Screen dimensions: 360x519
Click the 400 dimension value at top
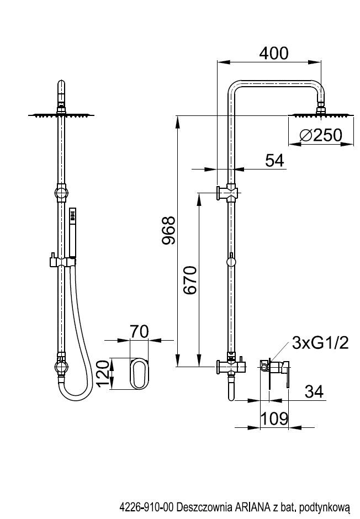(274, 54)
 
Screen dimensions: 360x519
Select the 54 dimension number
(274, 161)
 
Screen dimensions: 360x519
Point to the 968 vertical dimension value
(168, 230)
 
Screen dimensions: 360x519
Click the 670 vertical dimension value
(190, 280)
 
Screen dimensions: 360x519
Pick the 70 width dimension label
(139, 331)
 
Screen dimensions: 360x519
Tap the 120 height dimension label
(103, 373)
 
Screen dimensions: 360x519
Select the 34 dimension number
(314, 391)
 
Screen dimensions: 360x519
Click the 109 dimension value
(274, 419)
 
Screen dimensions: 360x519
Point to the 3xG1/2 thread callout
(320, 343)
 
